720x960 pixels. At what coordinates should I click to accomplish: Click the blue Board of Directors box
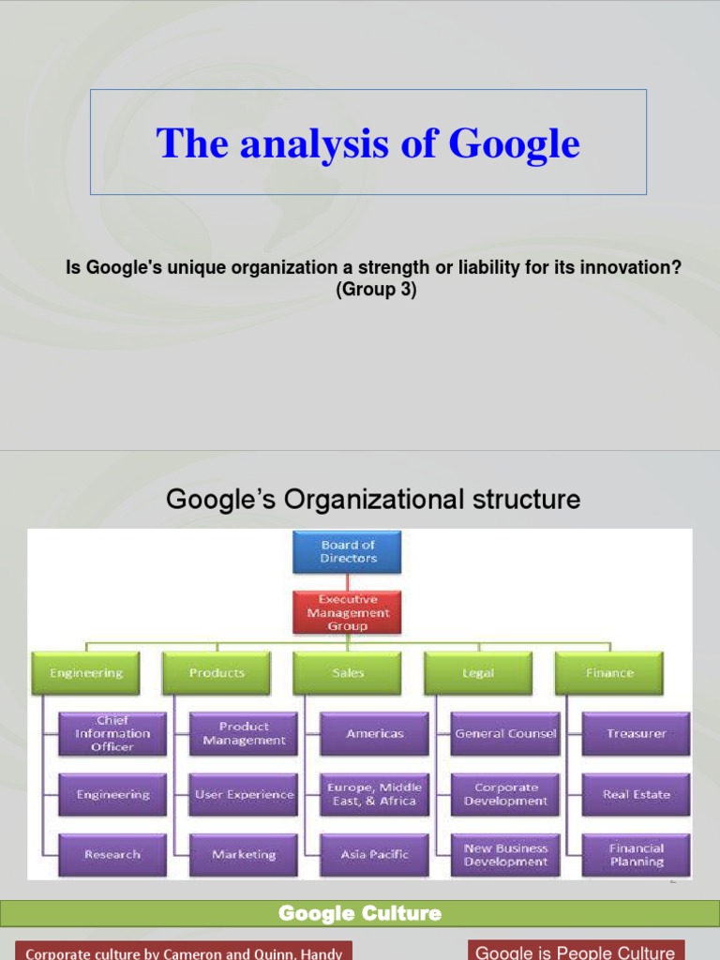click(x=347, y=551)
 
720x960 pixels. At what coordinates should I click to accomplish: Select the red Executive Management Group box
click(x=347, y=612)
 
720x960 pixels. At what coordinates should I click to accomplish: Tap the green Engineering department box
click(x=85, y=673)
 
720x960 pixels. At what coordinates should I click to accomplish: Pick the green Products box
click(x=217, y=673)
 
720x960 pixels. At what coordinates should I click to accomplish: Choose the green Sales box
click(x=347, y=673)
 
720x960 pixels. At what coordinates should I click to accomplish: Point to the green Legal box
click(x=478, y=673)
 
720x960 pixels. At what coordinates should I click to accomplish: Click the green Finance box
click(x=609, y=673)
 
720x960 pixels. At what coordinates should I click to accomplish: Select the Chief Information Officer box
click(x=112, y=734)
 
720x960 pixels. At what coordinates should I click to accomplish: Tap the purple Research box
click(x=112, y=854)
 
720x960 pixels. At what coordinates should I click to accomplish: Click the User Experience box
click(x=244, y=794)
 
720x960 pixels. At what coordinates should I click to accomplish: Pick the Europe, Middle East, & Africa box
click(x=375, y=794)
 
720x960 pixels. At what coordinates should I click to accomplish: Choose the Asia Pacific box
click(x=375, y=854)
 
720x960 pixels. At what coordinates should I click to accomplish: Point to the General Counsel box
click(x=505, y=734)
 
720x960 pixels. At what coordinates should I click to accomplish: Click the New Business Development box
click(x=505, y=854)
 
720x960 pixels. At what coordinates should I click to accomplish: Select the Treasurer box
click(x=637, y=734)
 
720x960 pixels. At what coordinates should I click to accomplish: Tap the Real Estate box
click(x=637, y=794)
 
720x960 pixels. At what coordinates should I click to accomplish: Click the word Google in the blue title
click(x=514, y=143)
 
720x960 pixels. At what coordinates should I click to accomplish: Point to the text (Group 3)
click(x=375, y=291)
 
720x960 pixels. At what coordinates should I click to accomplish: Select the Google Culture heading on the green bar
click(x=360, y=913)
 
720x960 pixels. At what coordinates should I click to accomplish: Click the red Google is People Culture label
click(x=576, y=951)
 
